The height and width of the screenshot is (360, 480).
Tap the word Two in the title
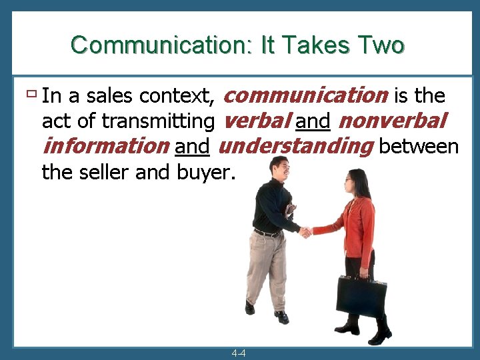pyautogui.click(x=381, y=45)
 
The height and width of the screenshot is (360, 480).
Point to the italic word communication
pyautogui.click(x=305, y=95)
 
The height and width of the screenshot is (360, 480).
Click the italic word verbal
pyautogui.click(x=255, y=121)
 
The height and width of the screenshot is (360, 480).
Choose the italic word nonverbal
pyautogui.click(x=392, y=121)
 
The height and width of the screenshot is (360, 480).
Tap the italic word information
pyautogui.click(x=105, y=145)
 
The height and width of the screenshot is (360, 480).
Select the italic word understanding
pyautogui.click(x=295, y=145)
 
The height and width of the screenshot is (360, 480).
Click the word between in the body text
pyautogui.click(x=419, y=146)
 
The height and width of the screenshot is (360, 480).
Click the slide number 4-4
pyautogui.click(x=239, y=353)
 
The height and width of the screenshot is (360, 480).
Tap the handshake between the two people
pyautogui.click(x=305, y=232)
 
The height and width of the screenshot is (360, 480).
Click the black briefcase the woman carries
pyautogui.click(x=361, y=297)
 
